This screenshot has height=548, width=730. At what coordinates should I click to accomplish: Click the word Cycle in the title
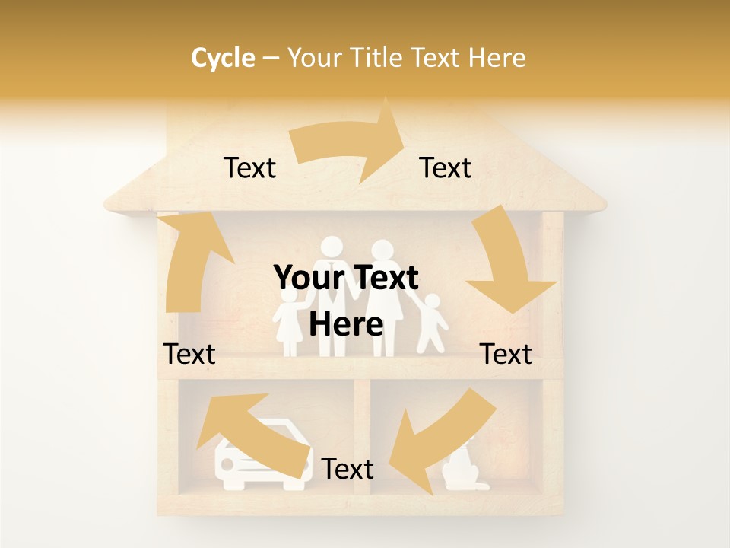[223, 58]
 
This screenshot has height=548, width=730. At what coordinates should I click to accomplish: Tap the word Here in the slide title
[497, 58]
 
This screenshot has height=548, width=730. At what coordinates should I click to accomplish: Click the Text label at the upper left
[249, 167]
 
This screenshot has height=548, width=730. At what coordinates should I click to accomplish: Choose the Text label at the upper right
[446, 167]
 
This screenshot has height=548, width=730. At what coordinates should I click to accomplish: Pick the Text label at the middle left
[189, 354]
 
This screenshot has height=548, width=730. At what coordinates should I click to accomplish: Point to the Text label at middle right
[506, 354]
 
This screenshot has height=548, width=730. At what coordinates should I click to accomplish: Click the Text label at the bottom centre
[348, 469]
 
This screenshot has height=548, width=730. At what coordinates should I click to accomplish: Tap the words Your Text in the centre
[346, 279]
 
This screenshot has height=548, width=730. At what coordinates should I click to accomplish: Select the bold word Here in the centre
[346, 325]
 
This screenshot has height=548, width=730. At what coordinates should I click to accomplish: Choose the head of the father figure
[332, 248]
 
